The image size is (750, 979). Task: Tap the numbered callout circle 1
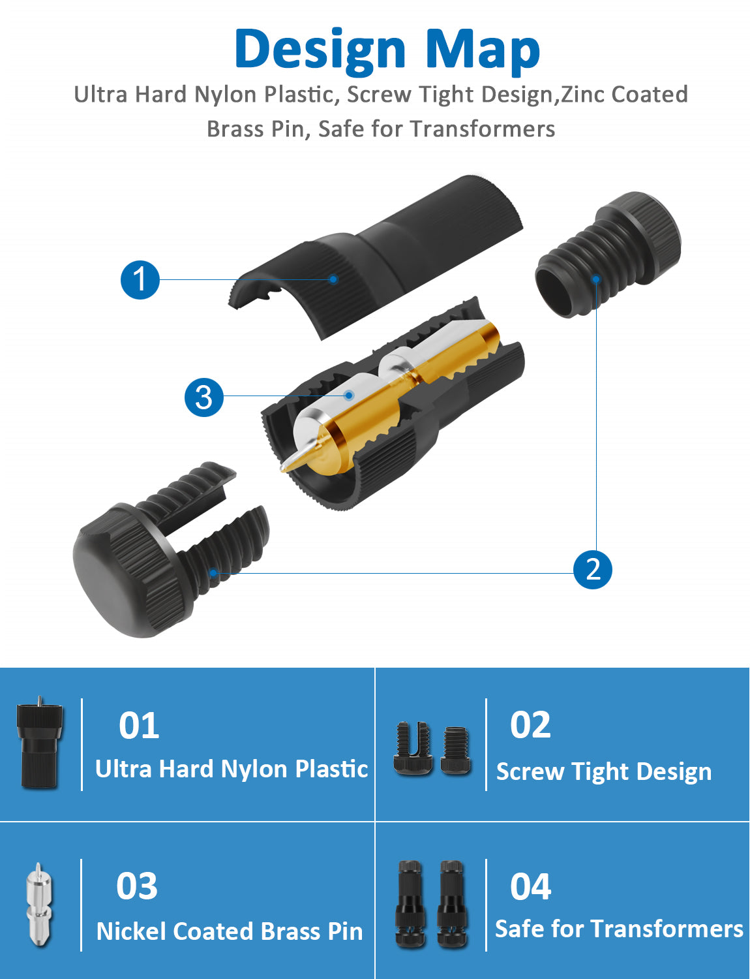(140, 280)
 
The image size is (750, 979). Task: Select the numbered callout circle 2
(592, 570)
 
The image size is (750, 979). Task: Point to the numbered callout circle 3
(204, 397)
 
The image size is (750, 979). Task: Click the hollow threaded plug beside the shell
(608, 255)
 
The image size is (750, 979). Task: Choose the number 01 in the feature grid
(139, 725)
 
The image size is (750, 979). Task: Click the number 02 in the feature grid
(530, 724)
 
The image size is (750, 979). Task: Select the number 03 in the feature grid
(137, 885)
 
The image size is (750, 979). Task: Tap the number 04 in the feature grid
(530, 886)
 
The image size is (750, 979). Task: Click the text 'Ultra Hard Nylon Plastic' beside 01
(232, 769)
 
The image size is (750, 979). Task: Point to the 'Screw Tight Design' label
(604, 771)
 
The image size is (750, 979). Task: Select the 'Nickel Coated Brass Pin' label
(230, 931)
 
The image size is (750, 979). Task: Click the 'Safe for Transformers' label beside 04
(619, 929)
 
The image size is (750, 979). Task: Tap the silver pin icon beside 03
(40, 904)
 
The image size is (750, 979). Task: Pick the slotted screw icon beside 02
(413, 749)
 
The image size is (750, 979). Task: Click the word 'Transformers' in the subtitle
(482, 129)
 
